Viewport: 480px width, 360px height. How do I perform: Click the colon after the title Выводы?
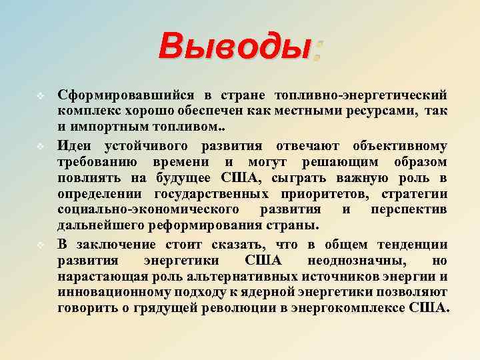[318, 51]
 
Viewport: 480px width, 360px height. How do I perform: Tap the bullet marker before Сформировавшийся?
[40, 95]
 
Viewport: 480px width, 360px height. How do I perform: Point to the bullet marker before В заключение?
[40, 243]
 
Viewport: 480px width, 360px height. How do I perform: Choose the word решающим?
[345, 161]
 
